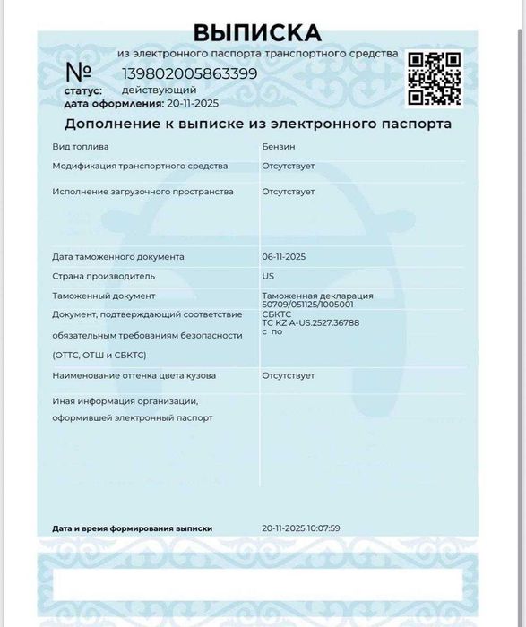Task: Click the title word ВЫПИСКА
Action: tap(256, 33)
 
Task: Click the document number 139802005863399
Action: tap(189, 73)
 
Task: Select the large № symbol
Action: tap(80, 72)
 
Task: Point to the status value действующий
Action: tap(159, 90)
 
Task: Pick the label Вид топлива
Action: tap(80, 146)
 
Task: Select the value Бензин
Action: tap(278, 146)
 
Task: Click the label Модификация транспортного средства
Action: tap(140, 166)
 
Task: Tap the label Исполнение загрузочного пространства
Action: tap(142, 191)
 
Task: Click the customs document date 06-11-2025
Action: tap(284, 257)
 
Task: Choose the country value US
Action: tap(268, 276)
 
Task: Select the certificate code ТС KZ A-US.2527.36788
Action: tap(310, 322)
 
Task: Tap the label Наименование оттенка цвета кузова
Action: tap(134, 375)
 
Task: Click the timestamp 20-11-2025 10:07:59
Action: tap(301, 528)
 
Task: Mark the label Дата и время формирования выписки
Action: tap(132, 528)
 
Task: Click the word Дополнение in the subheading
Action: tap(110, 124)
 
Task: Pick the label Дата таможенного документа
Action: tap(117, 257)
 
